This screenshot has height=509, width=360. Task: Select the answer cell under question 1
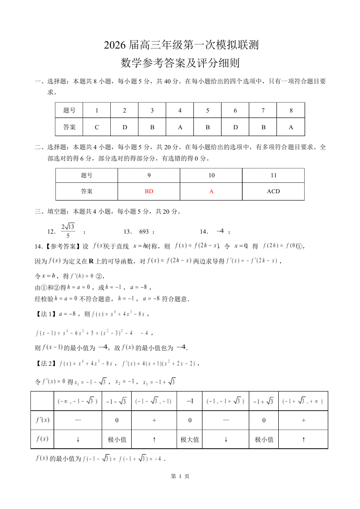tap(97, 127)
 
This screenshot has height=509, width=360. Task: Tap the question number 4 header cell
tap(180, 110)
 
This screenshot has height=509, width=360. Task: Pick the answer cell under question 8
tap(291, 127)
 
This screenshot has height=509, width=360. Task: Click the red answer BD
tap(149, 191)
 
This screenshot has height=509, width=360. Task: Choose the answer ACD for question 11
tap(273, 191)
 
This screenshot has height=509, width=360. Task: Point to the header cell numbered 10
tap(211, 176)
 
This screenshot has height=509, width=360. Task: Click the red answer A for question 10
tap(211, 191)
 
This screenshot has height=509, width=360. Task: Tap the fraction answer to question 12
tap(68, 231)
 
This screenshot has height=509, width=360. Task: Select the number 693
tap(144, 231)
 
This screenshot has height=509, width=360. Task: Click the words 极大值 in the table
tap(189, 440)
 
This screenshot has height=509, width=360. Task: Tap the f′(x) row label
tap(42, 420)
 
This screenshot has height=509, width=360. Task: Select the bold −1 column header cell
tap(189, 401)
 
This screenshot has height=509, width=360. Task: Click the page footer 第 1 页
tap(180, 476)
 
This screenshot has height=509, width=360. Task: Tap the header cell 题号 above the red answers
tap(87, 176)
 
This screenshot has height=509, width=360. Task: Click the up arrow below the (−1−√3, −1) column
tap(154, 440)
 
